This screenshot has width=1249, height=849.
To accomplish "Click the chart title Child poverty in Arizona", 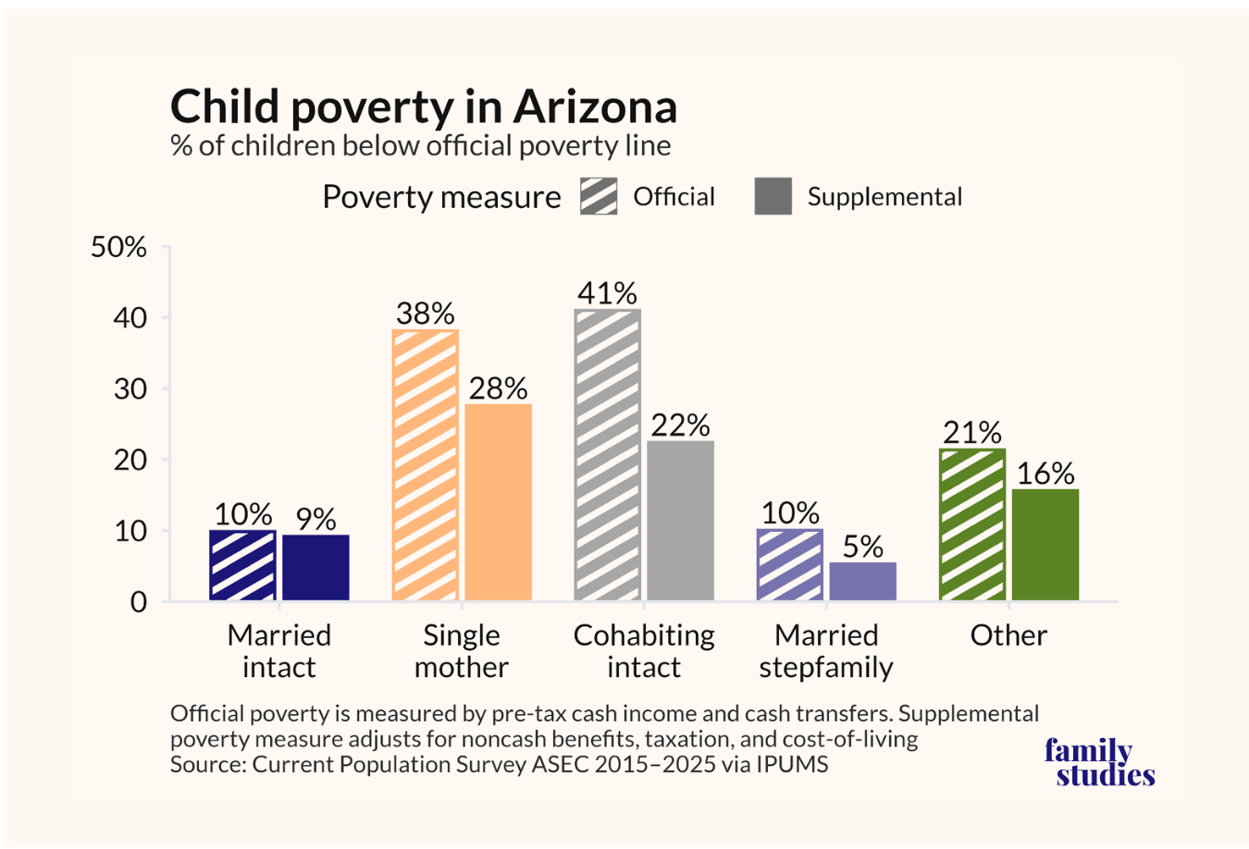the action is pos(424,107).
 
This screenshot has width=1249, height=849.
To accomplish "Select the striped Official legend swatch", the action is pos(599,196).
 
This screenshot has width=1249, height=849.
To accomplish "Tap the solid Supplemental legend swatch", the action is pos(773,196).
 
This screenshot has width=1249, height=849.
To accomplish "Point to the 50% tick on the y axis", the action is pos(118,246).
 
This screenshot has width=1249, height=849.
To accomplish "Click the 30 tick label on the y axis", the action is pos(130,389).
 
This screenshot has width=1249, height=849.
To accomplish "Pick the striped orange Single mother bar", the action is pos(426,465).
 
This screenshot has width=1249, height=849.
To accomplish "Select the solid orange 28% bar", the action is pos(499,502).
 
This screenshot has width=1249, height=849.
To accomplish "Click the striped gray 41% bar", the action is pos(608,455).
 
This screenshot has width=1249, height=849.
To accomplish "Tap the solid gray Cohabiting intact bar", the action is pos(681,521).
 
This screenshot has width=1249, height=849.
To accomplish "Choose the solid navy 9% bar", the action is pos(315,568).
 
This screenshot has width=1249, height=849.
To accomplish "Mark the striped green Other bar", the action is pos(972,524).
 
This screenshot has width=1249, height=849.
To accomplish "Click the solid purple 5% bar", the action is pos(863,582).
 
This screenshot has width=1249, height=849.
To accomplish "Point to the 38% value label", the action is pos(426,314).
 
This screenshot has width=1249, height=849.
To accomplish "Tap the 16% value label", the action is pos(1045,474).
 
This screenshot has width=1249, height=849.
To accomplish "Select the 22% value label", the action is pos(681,425).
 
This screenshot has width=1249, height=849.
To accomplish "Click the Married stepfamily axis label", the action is pos(826,651).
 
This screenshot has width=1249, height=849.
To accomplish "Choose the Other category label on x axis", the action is pos(1008,635).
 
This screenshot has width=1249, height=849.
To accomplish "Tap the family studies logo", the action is pos(1098,763).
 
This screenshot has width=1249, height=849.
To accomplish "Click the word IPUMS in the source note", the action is pos(792,764).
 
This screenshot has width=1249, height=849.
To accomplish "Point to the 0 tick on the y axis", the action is pos(139,603).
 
